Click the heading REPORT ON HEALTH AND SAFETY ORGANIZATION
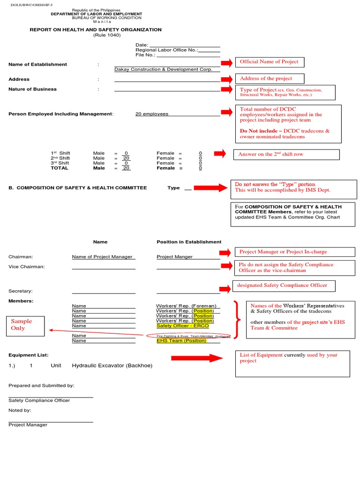[96, 30]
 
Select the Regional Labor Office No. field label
[167, 50]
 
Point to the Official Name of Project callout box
[269, 62]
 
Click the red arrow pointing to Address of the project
[227, 79]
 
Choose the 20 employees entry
[152, 114]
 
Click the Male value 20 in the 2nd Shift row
[126, 158]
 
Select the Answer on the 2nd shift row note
[286, 154]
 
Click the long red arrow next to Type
[210, 188]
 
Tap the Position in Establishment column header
[189, 242]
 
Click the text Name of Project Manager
[102, 257]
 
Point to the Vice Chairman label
[27, 267]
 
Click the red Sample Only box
[26, 325]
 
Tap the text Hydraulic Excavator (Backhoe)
[112, 366]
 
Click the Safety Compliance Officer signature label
[39, 400]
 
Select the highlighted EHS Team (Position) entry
[181, 341]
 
